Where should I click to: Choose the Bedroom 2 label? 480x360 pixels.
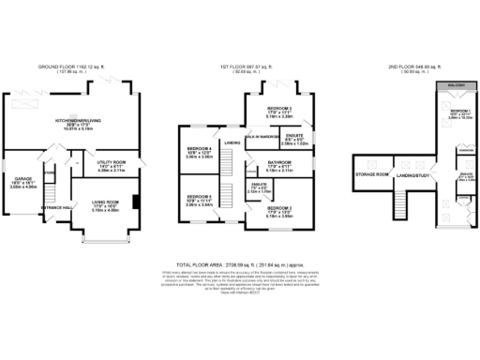click(x=280, y=109)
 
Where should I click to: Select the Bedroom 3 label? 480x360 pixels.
click(x=280, y=210)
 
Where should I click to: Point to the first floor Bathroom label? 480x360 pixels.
click(x=280, y=166)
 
